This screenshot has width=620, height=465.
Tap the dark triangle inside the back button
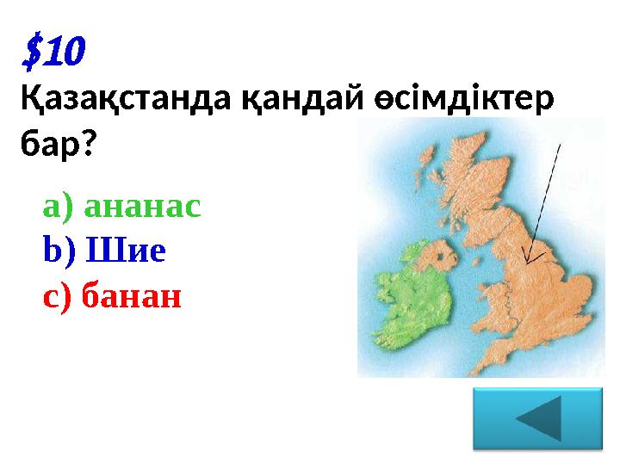click(542, 418)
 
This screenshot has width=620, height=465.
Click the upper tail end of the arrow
click(561, 146)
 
